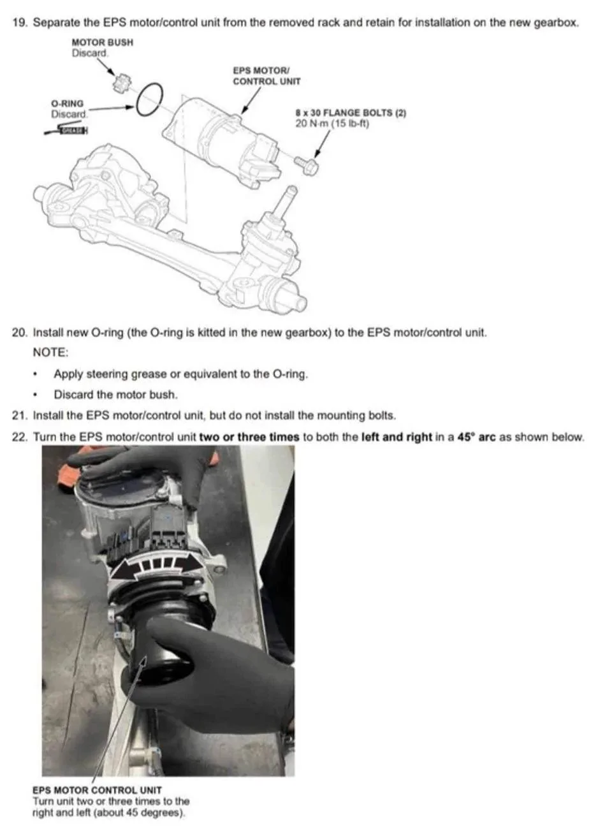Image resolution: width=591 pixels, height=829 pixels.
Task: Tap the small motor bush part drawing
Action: tap(121, 83)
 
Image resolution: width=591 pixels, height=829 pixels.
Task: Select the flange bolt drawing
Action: tap(306, 165)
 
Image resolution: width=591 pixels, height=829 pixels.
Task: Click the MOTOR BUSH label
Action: tap(102, 42)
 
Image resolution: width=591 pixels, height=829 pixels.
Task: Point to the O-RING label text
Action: tap(68, 103)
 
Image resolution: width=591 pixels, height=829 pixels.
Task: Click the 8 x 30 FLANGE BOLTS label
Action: tap(351, 112)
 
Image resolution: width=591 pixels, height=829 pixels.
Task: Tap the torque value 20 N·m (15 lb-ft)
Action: tap(332, 123)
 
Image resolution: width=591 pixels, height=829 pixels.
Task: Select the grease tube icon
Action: tap(66, 129)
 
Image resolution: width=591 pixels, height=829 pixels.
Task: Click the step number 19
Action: tap(18, 22)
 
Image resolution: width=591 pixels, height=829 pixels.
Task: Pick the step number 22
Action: tap(18, 437)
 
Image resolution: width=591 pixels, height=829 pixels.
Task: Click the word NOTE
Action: tap(51, 352)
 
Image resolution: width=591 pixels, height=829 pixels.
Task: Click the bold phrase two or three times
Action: tap(249, 437)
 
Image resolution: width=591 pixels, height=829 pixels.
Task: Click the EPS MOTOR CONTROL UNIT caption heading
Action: tap(97, 790)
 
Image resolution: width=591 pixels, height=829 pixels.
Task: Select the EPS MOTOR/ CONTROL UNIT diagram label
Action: tap(266, 76)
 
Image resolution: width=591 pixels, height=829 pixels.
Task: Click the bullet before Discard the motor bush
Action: tap(35, 395)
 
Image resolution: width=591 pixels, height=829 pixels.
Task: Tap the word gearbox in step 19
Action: tap(555, 22)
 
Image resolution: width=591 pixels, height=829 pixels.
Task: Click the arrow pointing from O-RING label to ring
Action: tap(111, 108)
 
